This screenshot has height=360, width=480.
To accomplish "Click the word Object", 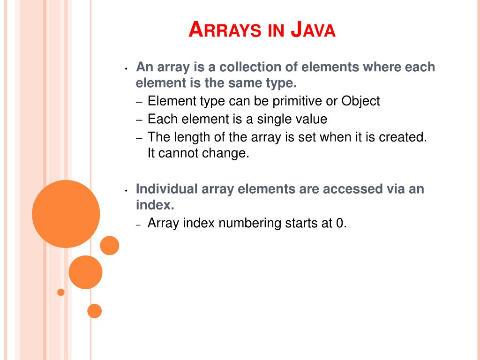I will coord(360,101).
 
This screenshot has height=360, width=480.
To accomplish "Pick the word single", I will coord(272,119).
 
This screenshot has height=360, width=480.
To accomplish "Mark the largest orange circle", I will coord(66,214).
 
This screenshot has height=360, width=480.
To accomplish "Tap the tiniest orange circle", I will coord(60,292).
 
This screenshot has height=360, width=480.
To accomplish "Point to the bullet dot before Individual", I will coord(127,191).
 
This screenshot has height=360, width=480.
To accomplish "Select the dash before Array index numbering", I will coord(139,225).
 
